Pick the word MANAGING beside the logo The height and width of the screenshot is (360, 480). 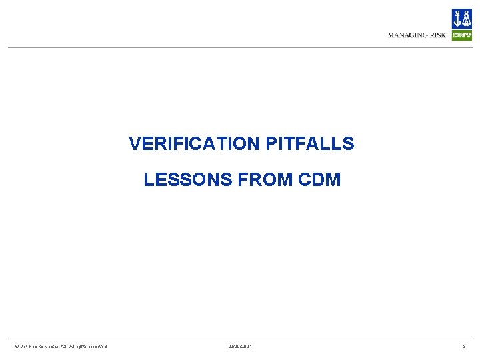[x=408, y=35]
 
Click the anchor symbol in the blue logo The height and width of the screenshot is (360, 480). [x=457, y=19]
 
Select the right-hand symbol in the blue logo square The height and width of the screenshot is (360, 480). [x=467, y=19]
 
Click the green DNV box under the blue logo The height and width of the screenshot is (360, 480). [x=461, y=35]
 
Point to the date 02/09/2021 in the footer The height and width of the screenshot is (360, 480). [x=240, y=346]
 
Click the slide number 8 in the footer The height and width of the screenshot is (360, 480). [x=465, y=346]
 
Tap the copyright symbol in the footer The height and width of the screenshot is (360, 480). [x=17, y=346]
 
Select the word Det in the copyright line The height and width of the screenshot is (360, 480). [x=23, y=346]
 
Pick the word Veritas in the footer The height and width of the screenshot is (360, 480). [x=54, y=346]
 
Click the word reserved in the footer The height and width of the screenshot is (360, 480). [x=97, y=346]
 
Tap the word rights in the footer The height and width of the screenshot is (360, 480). [x=83, y=346]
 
